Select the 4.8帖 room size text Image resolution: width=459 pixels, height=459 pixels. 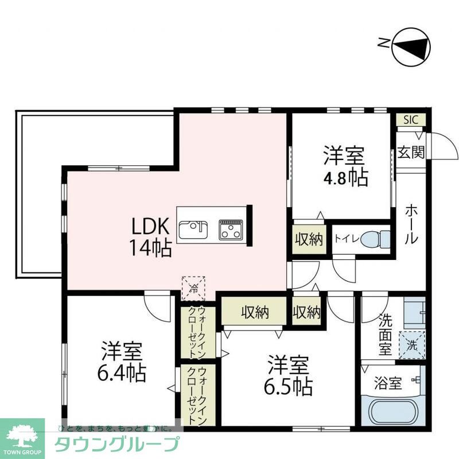345,178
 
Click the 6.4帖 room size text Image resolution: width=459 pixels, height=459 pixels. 122,373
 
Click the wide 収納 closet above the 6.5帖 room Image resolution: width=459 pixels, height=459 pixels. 254,313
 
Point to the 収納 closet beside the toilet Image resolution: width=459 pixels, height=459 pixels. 309,239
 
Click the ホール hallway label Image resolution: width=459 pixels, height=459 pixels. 411,224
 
